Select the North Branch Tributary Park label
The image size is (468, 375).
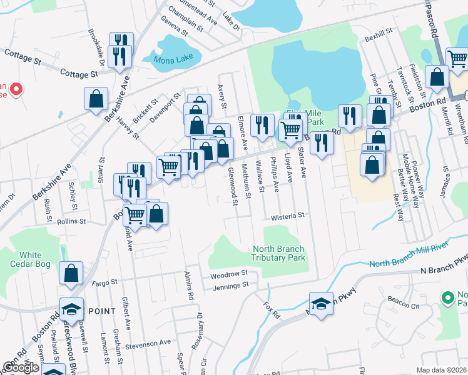(x=278, y=253)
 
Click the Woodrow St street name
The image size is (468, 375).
(x=230, y=274)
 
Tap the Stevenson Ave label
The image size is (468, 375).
(x=148, y=342)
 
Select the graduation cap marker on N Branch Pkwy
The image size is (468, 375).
(x=321, y=304)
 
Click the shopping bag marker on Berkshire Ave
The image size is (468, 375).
(x=96, y=99)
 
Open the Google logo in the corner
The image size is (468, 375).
(x=20, y=367)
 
